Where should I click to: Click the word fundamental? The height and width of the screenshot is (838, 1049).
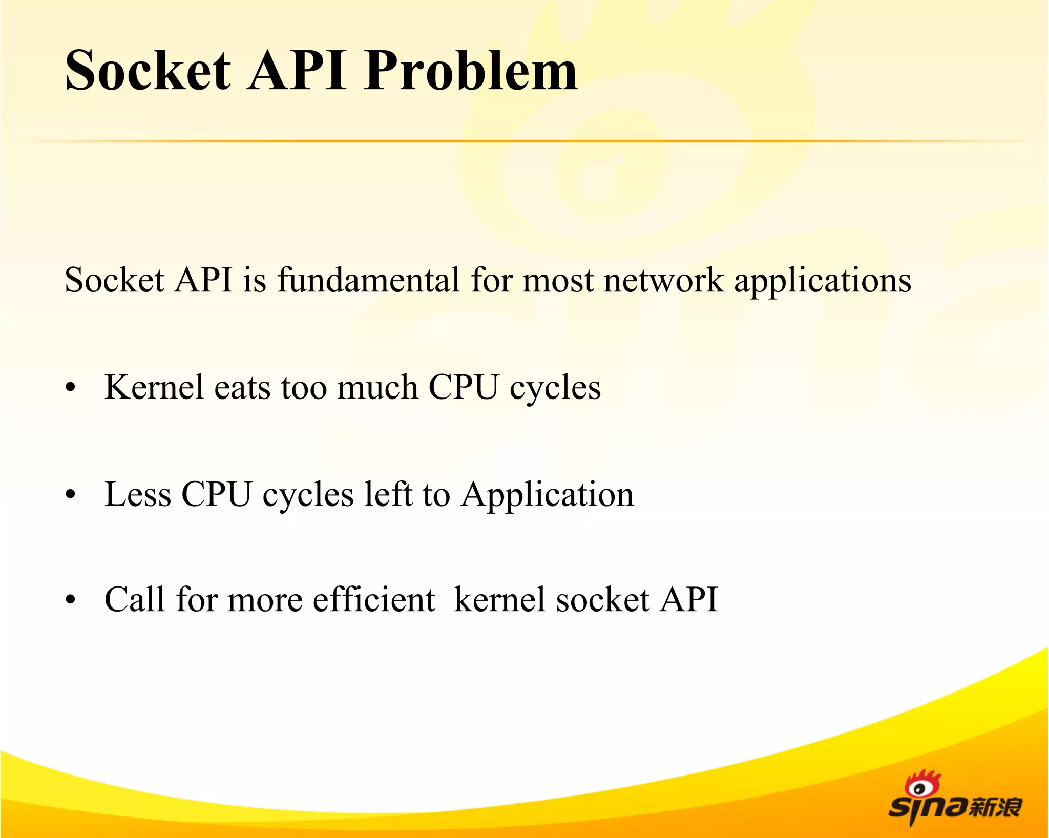click(368, 280)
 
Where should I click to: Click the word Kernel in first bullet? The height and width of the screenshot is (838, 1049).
click(154, 387)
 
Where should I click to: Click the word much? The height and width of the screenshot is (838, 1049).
click(377, 387)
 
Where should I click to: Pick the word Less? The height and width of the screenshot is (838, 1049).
click(137, 494)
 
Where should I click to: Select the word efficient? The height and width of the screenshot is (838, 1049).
click(374, 599)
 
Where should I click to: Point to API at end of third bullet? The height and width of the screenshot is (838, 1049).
click(689, 599)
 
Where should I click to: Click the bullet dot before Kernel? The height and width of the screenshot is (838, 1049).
click(71, 389)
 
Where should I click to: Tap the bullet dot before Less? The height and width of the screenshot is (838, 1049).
click(71, 495)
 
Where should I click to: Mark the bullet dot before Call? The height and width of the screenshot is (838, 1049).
click(71, 600)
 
